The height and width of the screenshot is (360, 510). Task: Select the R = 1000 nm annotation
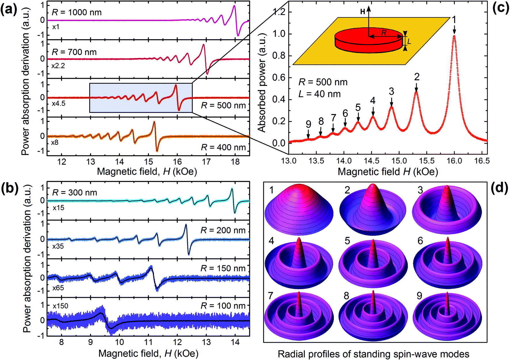[77, 12]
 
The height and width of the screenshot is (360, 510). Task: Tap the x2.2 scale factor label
[58, 66]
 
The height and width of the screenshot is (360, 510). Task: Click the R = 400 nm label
[223, 147]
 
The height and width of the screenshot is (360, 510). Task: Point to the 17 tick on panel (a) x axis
[206, 162]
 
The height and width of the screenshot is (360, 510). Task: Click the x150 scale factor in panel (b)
[60, 306]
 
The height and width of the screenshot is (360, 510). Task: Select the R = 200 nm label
[223, 230]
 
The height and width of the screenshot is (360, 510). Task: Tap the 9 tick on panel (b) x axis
[90, 342]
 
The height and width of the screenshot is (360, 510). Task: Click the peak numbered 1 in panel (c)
[454, 36]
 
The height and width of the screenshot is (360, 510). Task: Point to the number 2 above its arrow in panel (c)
[417, 77]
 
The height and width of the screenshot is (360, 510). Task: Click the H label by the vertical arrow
[363, 12]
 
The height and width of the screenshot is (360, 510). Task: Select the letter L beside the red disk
[409, 41]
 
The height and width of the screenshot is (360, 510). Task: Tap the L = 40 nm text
[319, 94]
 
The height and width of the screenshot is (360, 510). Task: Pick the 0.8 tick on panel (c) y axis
[279, 56]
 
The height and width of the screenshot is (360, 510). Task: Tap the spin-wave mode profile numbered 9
[447, 317]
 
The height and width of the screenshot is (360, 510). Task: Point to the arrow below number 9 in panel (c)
[308, 134]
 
